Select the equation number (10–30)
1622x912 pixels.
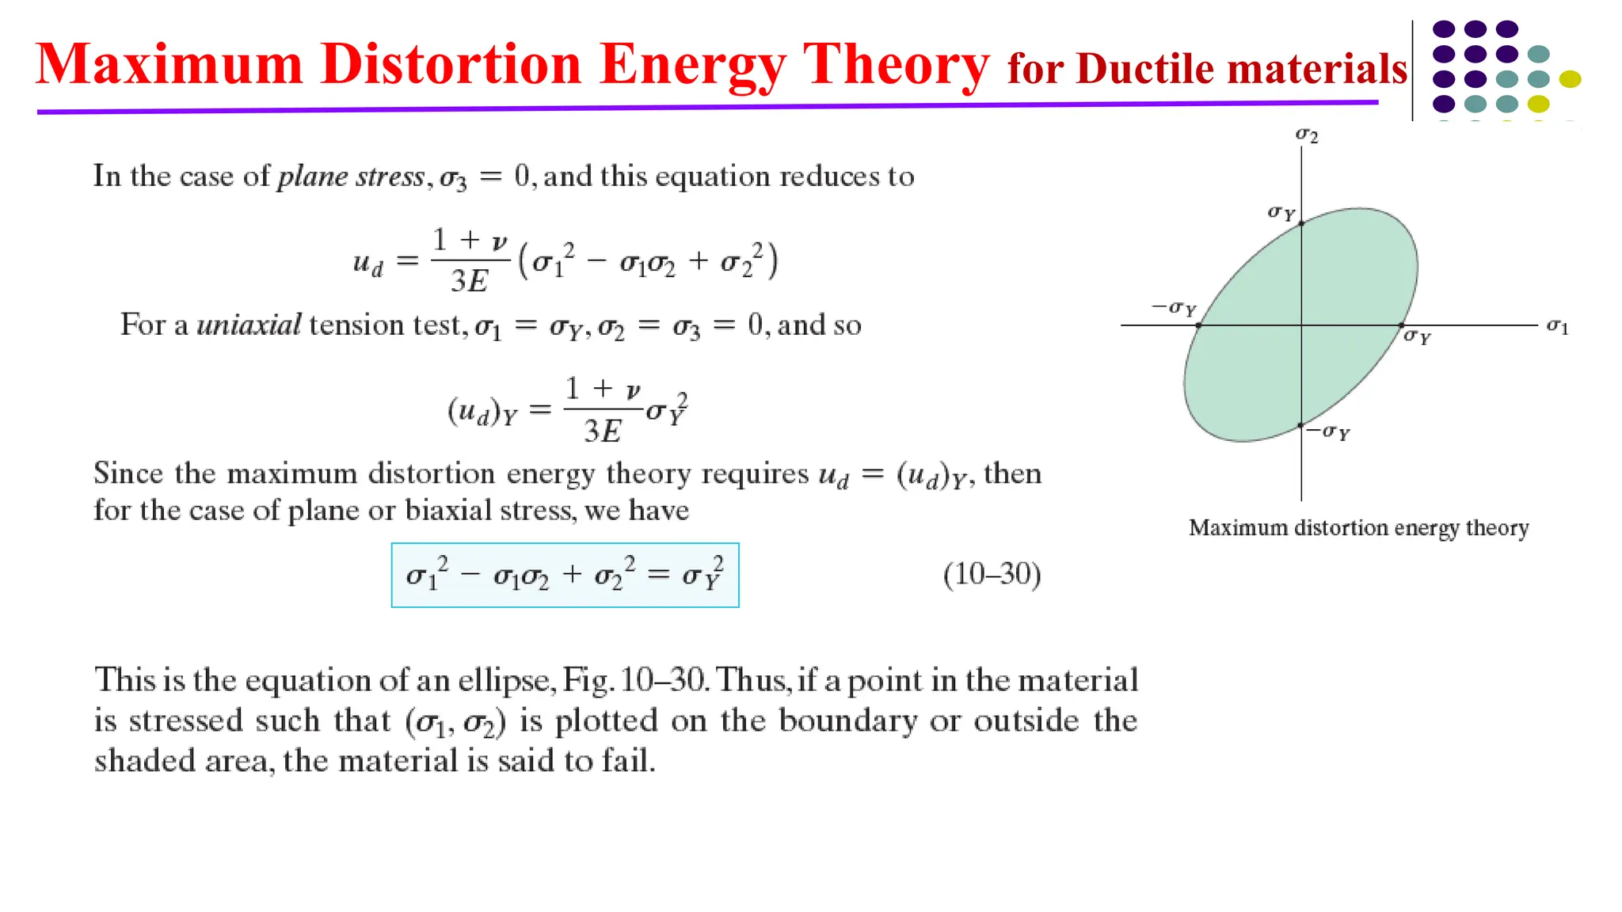pos(992,574)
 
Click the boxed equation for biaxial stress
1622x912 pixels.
pos(565,576)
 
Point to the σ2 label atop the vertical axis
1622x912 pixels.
pos(1306,135)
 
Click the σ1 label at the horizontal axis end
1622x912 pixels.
pos(1557,325)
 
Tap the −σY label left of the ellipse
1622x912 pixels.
pos(1174,307)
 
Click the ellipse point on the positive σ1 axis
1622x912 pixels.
pos(1401,325)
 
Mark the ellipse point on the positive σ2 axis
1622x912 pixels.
pos(1301,224)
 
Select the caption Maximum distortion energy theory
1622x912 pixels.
pos(1358,528)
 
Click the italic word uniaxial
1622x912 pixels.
pos(249,325)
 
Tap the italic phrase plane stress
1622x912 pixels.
pos(351,176)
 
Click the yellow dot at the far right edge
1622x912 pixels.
pos(1570,78)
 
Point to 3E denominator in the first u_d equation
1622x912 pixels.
pos(469,281)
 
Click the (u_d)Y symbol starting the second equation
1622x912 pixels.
pos(482,411)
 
